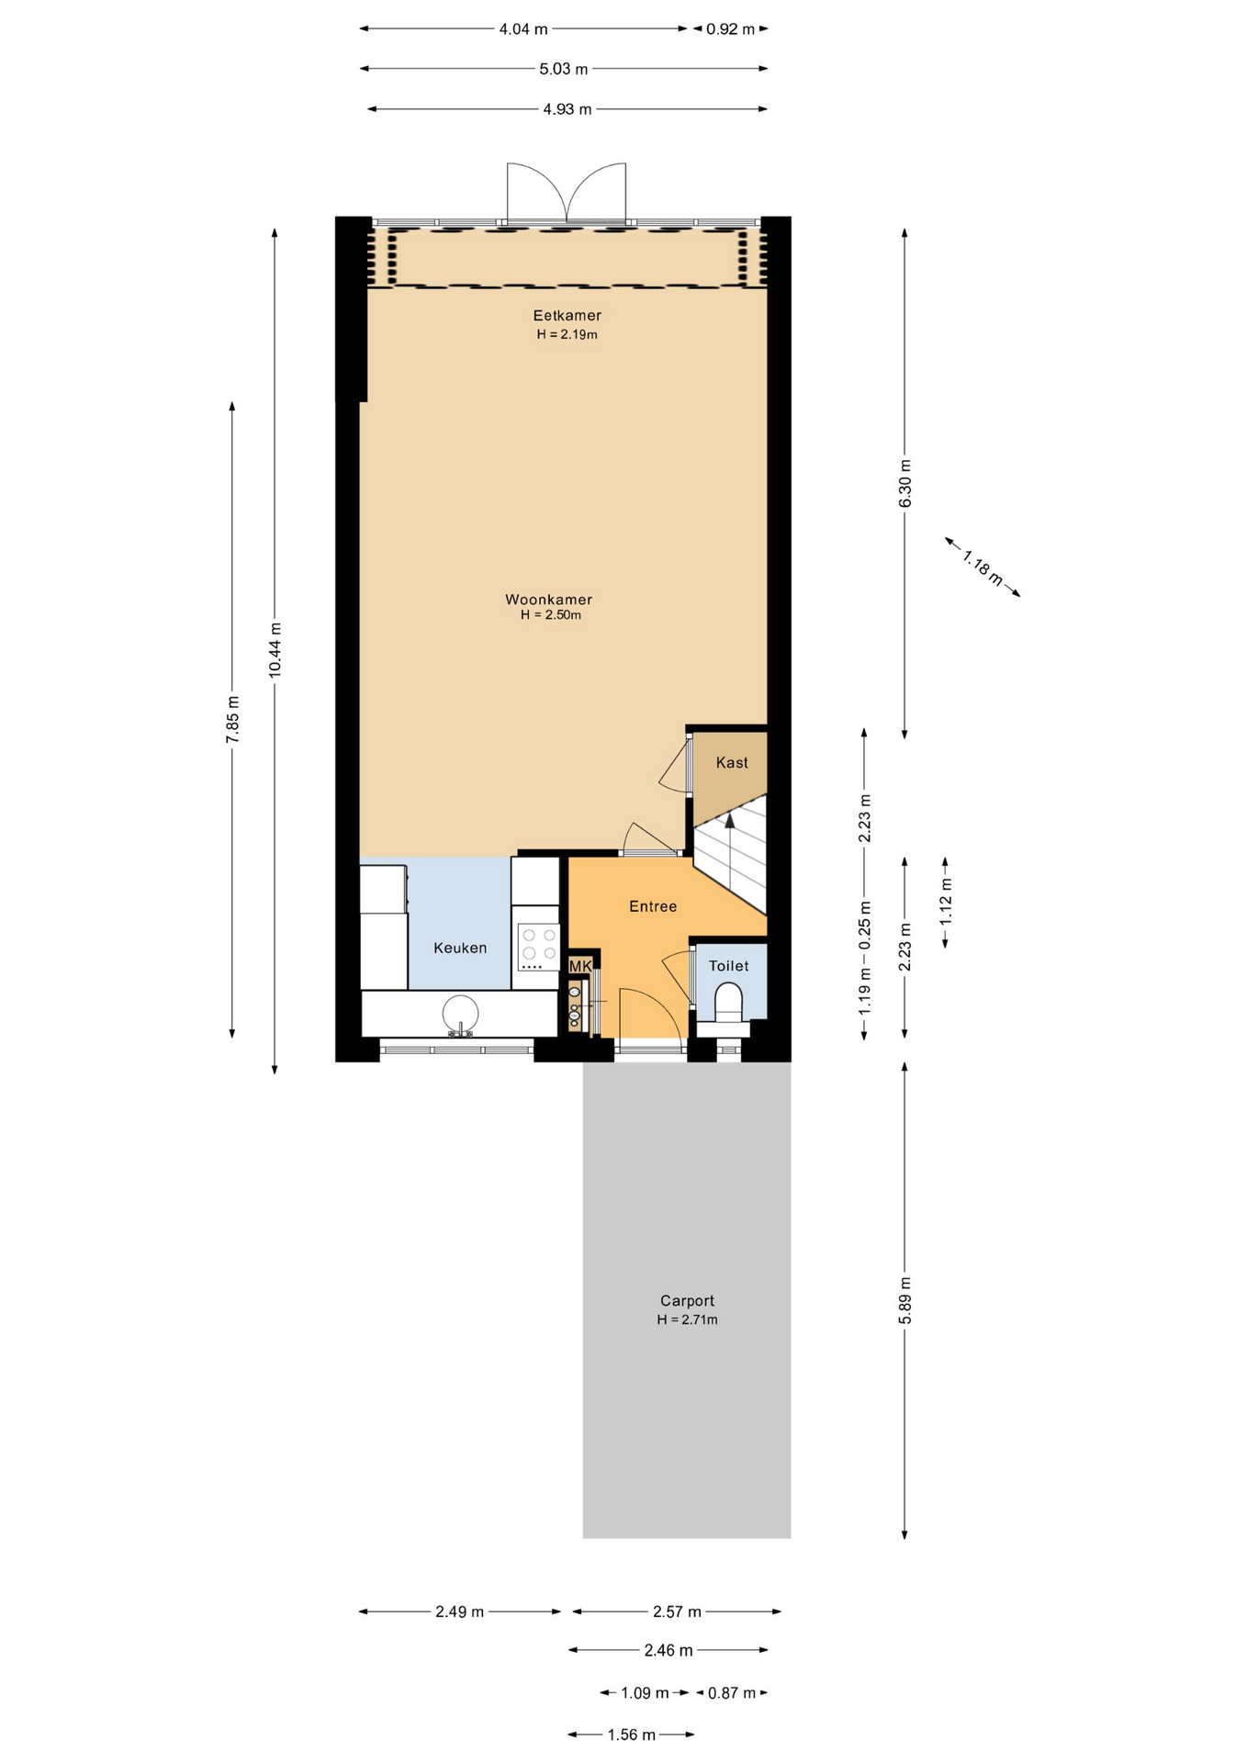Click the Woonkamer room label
(x=548, y=600)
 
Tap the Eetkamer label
(x=567, y=315)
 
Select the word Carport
(x=687, y=1300)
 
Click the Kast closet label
(x=732, y=762)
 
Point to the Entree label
(x=653, y=906)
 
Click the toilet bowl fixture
(x=728, y=1003)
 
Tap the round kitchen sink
(x=460, y=1015)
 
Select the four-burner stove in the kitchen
(x=539, y=947)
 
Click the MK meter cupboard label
(x=580, y=966)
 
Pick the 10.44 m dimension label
(x=275, y=650)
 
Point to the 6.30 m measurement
(x=904, y=483)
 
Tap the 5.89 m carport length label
(x=904, y=1300)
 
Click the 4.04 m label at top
(x=523, y=28)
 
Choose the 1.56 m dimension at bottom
(x=632, y=1735)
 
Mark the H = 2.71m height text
(x=687, y=1319)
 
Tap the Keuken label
(x=460, y=948)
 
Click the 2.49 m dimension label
(x=459, y=1611)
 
